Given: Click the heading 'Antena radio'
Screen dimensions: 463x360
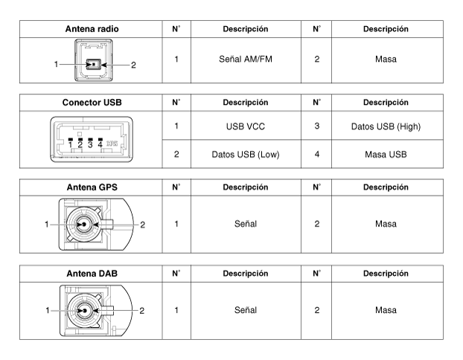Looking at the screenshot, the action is [x=92, y=29].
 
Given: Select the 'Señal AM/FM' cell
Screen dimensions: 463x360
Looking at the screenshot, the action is [x=246, y=60].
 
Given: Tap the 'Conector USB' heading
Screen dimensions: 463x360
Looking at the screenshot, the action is [x=92, y=103].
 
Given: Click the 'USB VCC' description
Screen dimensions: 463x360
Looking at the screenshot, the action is [x=246, y=126].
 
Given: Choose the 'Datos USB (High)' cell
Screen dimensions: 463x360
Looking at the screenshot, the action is [x=386, y=126].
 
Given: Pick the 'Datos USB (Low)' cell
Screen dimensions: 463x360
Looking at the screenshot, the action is [x=246, y=155].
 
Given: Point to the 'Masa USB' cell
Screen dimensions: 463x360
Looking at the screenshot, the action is [x=386, y=155].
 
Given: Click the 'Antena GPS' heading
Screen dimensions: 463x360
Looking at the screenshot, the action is [x=92, y=187].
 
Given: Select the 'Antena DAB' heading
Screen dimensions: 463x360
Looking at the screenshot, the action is [x=92, y=274].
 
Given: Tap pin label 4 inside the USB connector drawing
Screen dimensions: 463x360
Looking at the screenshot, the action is [x=100, y=144].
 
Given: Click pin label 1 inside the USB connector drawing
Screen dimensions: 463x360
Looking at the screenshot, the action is [x=70, y=144].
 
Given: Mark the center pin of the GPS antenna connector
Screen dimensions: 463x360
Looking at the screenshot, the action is [x=84, y=225].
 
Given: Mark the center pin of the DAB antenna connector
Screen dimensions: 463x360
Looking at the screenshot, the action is [x=85, y=310].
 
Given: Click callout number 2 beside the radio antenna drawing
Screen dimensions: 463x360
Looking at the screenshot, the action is [x=133, y=65].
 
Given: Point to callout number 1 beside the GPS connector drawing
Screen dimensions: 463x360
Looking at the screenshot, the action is [x=47, y=225].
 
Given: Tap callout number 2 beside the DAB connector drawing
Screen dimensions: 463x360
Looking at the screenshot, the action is [x=141, y=311].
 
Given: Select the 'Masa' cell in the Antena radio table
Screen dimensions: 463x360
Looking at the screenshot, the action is [x=386, y=60].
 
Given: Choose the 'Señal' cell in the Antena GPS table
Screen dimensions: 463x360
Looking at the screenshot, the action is [x=246, y=224].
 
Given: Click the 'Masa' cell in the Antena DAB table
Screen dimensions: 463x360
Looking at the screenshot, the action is [x=386, y=310].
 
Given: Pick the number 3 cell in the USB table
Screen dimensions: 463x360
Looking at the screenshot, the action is [x=317, y=126].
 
